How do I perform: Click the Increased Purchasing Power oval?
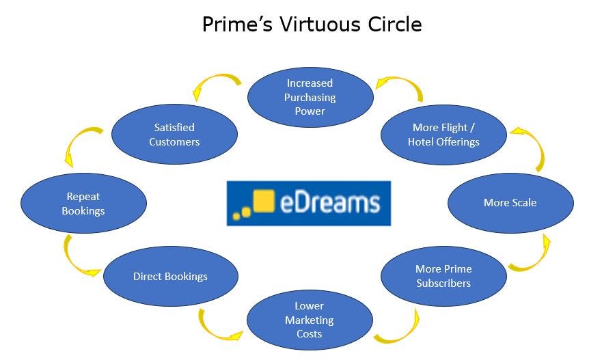click(310, 97)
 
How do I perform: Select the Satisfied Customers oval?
click(174, 135)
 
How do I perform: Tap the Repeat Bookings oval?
click(83, 204)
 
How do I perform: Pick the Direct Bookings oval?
click(170, 277)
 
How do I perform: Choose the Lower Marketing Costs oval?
click(310, 320)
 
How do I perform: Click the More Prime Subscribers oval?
click(443, 276)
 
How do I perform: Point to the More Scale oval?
click(510, 203)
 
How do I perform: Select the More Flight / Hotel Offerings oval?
click(443, 135)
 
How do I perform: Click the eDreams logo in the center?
click(309, 203)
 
